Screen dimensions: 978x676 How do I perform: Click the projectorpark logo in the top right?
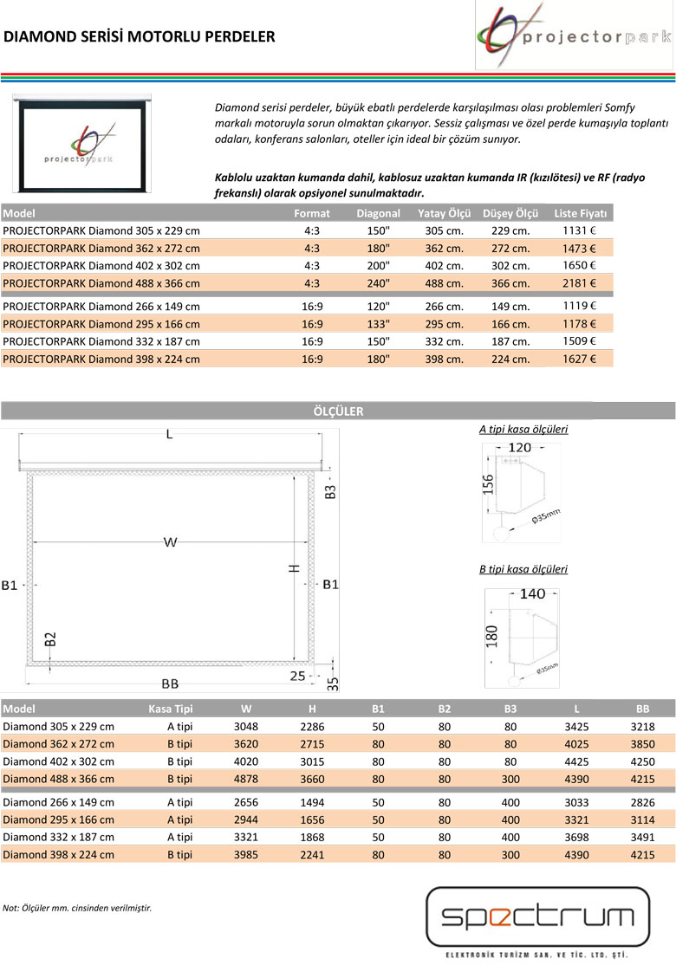click(x=574, y=36)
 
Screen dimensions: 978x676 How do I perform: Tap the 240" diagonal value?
click(x=378, y=283)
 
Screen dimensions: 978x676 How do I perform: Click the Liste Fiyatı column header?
click(x=581, y=213)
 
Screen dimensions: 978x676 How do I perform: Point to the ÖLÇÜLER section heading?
click(x=338, y=411)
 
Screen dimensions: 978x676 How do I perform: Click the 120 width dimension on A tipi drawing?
click(x=519, y=447)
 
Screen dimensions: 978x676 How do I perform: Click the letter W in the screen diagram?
click(x=170, y=542)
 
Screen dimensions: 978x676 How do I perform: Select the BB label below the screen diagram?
click(x=170, y=683)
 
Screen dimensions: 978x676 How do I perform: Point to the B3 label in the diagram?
click(x=330, y=491)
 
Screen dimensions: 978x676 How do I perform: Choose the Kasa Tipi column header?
click(x=171, y=709)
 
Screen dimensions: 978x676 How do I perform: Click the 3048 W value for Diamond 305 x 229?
click(x=246, y=726)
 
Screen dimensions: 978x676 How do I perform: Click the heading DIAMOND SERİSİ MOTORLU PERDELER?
click(x=140, y=36)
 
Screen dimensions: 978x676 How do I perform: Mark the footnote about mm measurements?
click(x=77, y=908)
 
